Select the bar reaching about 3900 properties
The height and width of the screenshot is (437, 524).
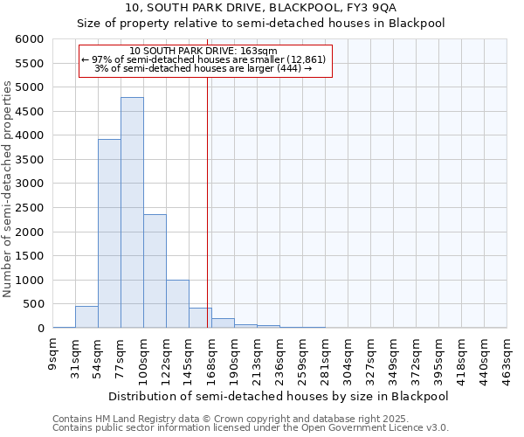[x=109, y=233]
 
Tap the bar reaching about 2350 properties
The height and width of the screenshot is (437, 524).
[x=155, y=271]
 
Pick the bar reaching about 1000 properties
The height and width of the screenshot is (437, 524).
[x=177, y=303]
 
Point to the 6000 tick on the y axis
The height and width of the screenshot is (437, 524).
[x=29, y=39]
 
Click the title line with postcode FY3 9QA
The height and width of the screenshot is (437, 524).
[x=261, y=7]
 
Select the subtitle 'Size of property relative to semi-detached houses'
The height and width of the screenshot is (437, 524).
[x=261, y=24]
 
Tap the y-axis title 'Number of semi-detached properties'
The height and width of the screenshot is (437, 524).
[x=8, y=190]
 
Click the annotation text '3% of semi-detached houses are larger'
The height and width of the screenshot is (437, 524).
[x=203, y=68]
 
